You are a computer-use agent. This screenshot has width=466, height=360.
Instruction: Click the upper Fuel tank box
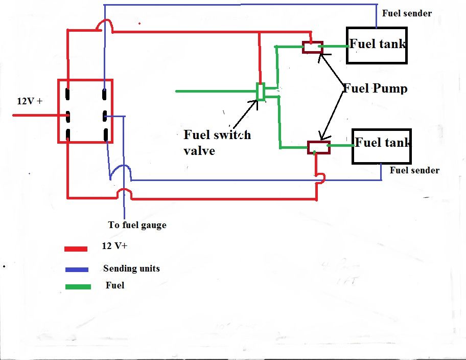click(x=377, y=45)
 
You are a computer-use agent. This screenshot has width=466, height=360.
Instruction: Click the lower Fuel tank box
click(x=381, y=146)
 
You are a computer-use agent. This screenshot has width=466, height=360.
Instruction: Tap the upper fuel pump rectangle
click(x=312, y=47)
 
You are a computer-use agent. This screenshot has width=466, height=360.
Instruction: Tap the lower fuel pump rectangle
click(x=318, y=147)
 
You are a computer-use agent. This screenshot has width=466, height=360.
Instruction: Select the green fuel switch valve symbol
click(x=261, y=92)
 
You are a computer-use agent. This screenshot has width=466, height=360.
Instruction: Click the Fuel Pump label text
click(x=375, y=88)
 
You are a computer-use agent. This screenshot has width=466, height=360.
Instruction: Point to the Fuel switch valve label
click(x=217, y=142)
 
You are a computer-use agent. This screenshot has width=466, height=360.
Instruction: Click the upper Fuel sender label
click(x=407, y=13)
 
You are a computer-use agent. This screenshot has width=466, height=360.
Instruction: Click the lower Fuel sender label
click(x=414, y=170)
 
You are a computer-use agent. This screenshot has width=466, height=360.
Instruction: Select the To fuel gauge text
click(x=137, y=224)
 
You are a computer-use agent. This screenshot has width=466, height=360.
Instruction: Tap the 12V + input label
click(x=30, y=101)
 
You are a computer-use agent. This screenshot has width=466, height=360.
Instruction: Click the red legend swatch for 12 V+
click(x=77, y=249)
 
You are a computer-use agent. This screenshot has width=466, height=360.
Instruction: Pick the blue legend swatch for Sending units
click(x=77, y=269)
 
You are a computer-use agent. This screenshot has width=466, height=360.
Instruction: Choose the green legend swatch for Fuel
click(x=78, y=287)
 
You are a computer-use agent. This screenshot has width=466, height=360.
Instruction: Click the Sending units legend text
click(x=131, y=268)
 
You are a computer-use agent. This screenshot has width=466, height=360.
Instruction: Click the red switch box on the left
click(x=85, y=111)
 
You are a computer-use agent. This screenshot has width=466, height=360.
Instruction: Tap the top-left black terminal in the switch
click(x=68, y=95)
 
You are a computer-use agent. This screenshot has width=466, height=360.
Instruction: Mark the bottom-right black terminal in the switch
click(x=105, y=135)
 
